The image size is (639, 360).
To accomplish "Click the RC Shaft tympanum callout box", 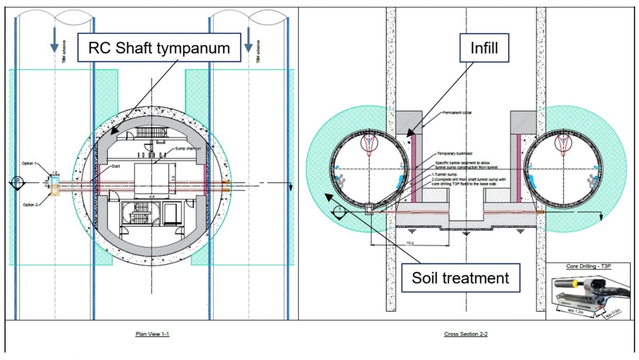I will pos(159,48).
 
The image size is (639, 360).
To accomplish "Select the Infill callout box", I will pos(484,48).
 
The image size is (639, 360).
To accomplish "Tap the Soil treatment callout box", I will pos(460,278).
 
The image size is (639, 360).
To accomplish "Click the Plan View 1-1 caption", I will pos(152,334).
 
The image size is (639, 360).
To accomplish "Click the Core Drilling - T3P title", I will pos(588,267).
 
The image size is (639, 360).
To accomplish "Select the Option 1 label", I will pos(29,163).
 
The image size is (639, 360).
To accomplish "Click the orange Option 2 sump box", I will pos(55,190).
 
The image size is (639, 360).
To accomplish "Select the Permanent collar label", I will pos(457,113).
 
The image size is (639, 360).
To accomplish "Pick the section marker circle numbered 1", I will pos(339,210).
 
